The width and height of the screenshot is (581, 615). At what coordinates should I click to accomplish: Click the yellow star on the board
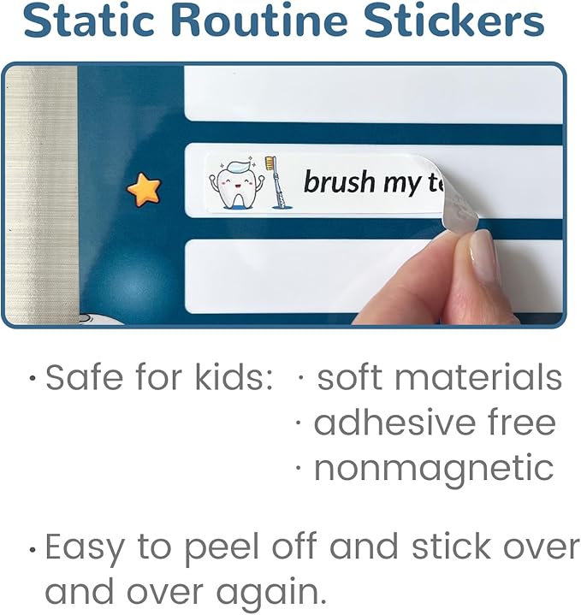point(144,188)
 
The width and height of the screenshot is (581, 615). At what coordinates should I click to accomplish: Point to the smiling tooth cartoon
point(234,181)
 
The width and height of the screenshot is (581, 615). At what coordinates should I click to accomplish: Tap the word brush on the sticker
point(339,181)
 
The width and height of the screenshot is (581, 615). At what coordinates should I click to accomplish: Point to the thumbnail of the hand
point(483,257)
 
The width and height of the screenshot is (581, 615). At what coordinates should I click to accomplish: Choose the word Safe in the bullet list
point(80,378)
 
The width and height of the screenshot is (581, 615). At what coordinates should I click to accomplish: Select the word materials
point(483,378)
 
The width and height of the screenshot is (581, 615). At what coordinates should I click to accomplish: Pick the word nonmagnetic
point(434,468)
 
